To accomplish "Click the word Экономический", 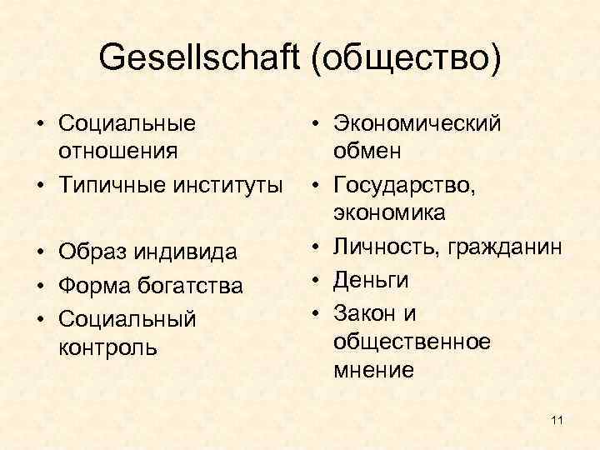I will [417, 124].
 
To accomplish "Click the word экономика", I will [388, 212].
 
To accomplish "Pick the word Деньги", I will [371, 279].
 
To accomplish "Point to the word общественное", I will [412, 342].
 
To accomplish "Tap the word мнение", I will [372, 371].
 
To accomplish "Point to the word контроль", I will [107, 347].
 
